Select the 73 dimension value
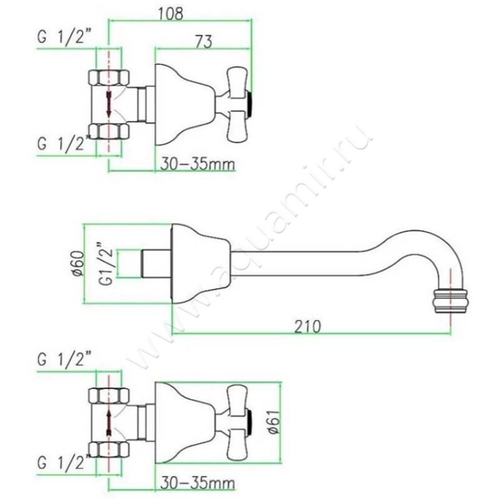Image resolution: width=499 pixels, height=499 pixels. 203,41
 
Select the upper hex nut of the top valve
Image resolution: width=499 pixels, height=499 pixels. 109,79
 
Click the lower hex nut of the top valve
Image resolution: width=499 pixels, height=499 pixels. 109,130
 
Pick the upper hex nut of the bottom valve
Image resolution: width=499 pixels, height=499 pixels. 109,395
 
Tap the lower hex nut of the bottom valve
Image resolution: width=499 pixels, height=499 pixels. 109,447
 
